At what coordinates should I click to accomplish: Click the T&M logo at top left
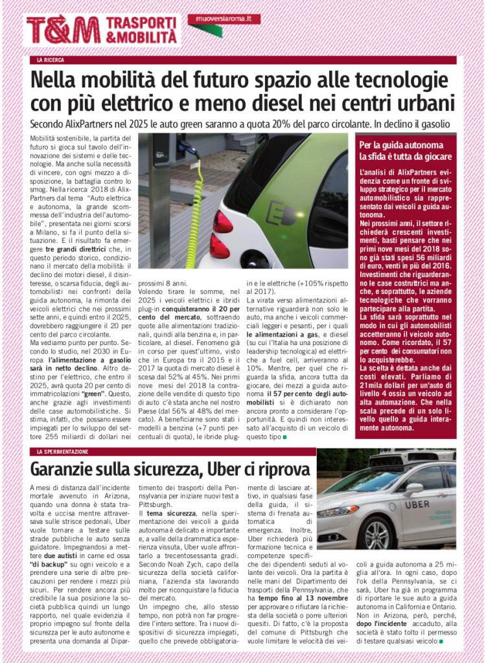(63, 30)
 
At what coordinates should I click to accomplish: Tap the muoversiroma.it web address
(224, 19)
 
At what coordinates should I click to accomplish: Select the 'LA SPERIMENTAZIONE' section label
(63, 451)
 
